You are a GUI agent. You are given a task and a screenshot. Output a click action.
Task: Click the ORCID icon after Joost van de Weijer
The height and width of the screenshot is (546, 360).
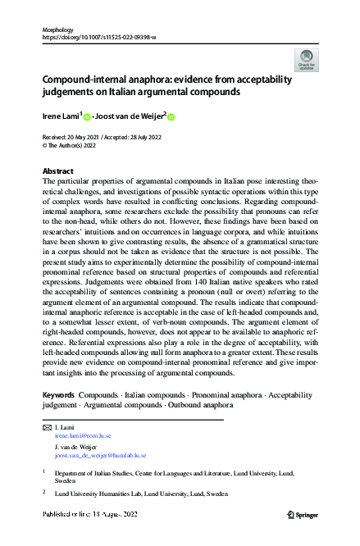pyautogui.click(x=172, y=116)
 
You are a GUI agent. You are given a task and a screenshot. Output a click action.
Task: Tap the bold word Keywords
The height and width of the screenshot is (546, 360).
pyautogui.click(x=59, y=395)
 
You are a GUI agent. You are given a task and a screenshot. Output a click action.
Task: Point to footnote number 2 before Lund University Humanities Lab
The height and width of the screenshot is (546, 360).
pyautogui.click(x=43, y=492)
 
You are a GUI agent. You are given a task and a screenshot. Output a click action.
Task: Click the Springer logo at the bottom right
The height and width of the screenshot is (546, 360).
pyautogui.click(x=303, y=514)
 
